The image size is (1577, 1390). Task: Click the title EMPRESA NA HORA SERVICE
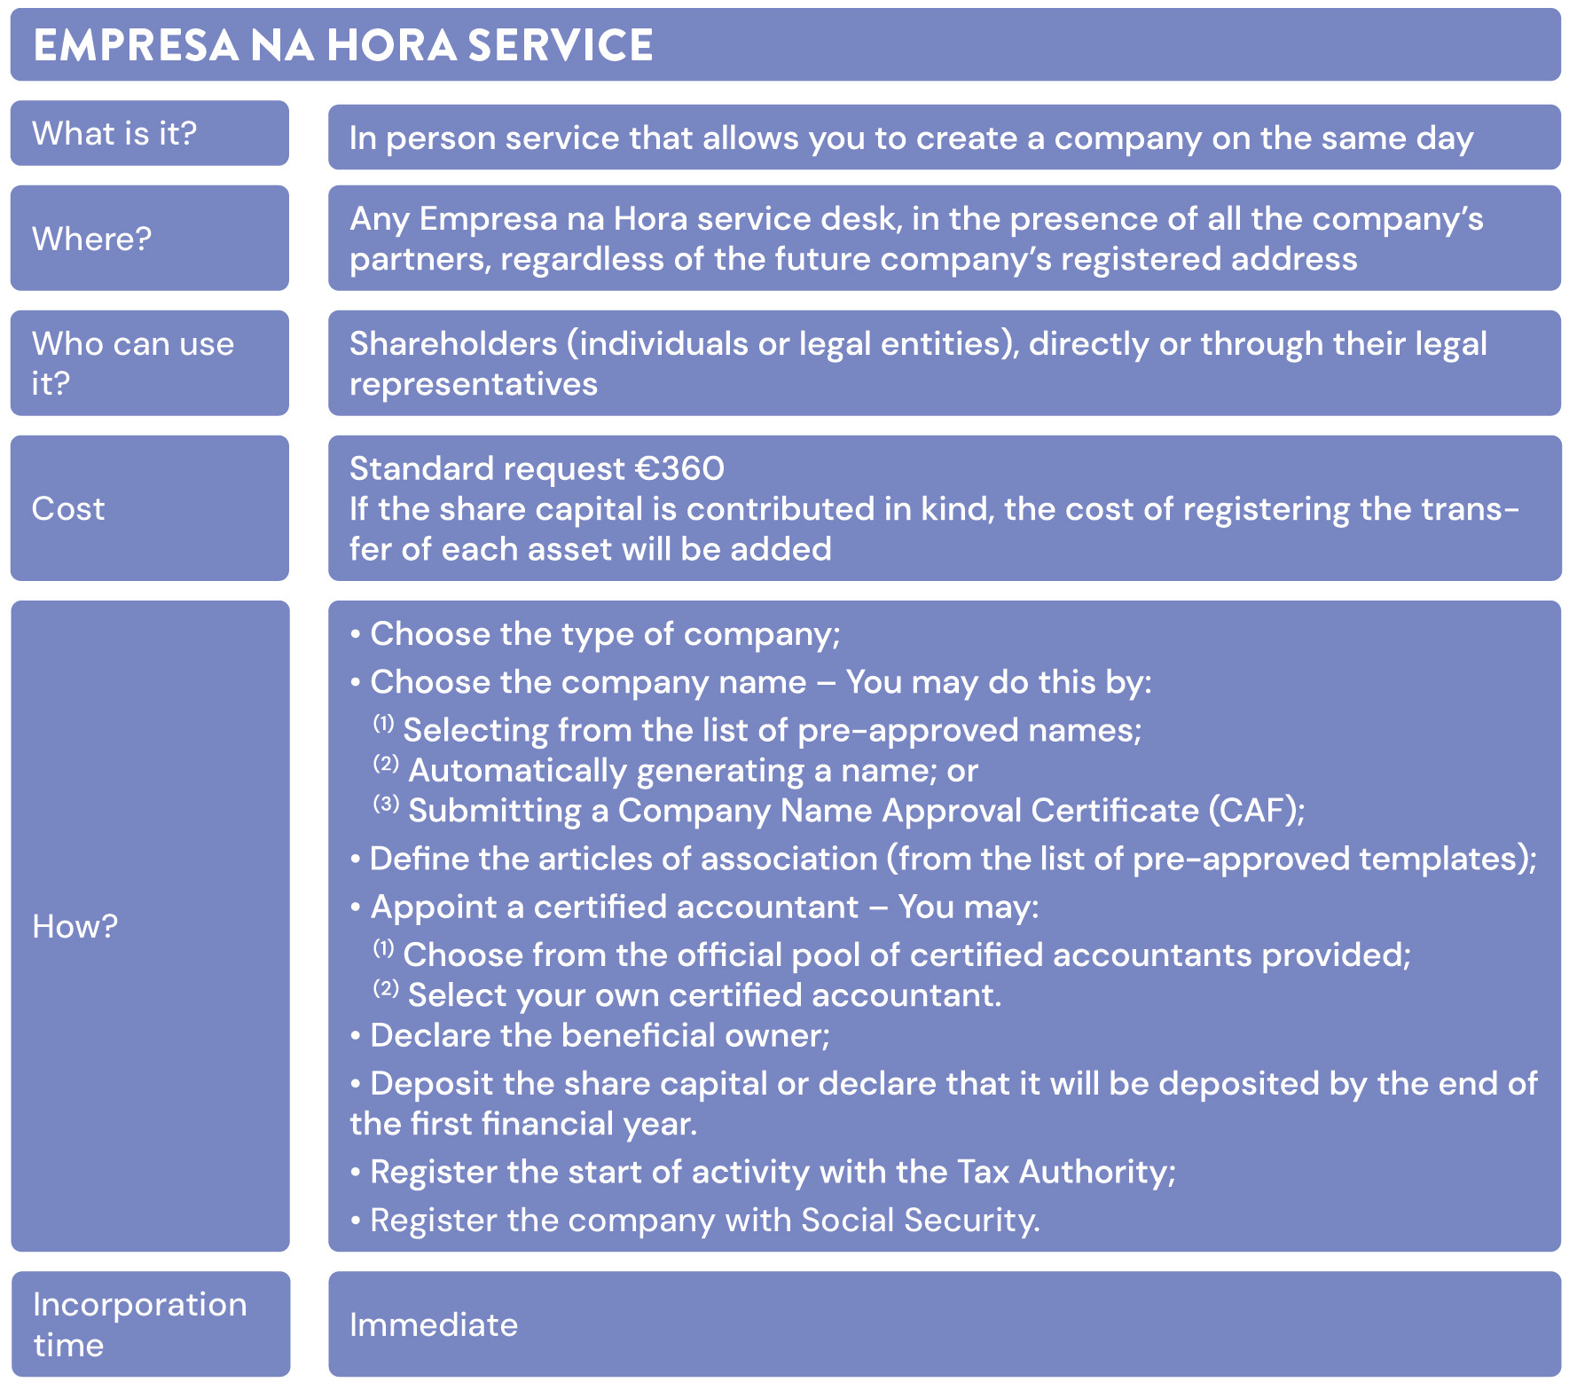[342, 45]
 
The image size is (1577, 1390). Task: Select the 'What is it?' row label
[114, 134]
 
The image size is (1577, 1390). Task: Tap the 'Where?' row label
[92, 239]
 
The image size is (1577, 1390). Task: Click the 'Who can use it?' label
[133, 363]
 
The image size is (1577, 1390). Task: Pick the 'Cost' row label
[68, 508]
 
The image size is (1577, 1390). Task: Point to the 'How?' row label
[75, 926]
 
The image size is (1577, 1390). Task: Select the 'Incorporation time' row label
[139, 1324]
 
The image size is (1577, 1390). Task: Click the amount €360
[680, 468]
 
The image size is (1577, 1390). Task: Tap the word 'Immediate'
[434, 1324]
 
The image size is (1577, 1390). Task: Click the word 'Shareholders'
[452, 344]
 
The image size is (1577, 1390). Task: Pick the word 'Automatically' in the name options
[516, 771]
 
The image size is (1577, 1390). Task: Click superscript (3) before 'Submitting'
[386, 804]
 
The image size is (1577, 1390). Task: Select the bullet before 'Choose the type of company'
[355, 635]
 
